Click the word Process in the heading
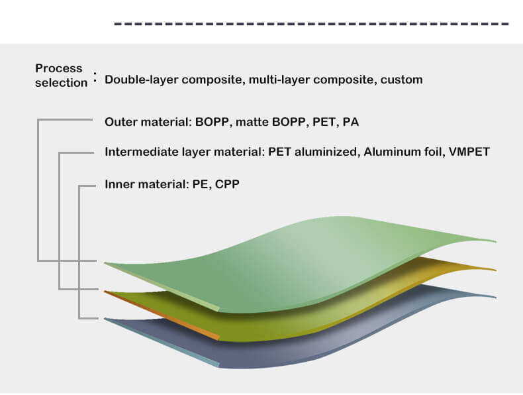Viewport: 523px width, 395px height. [59, 68]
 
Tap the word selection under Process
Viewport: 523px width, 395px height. [62, 83]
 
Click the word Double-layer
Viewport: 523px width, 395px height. [142, 80]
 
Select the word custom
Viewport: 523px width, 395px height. [402, 80]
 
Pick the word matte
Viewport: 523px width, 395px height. [252, 122]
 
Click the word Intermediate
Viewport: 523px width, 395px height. [142, 152]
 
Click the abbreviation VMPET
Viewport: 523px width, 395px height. [469, 152]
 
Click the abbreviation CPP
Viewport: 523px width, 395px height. [227, 184]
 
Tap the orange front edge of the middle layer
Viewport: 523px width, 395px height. [162, 315]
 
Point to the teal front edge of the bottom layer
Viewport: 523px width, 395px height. [162, 343]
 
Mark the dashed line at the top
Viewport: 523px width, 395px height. [312, 24]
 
